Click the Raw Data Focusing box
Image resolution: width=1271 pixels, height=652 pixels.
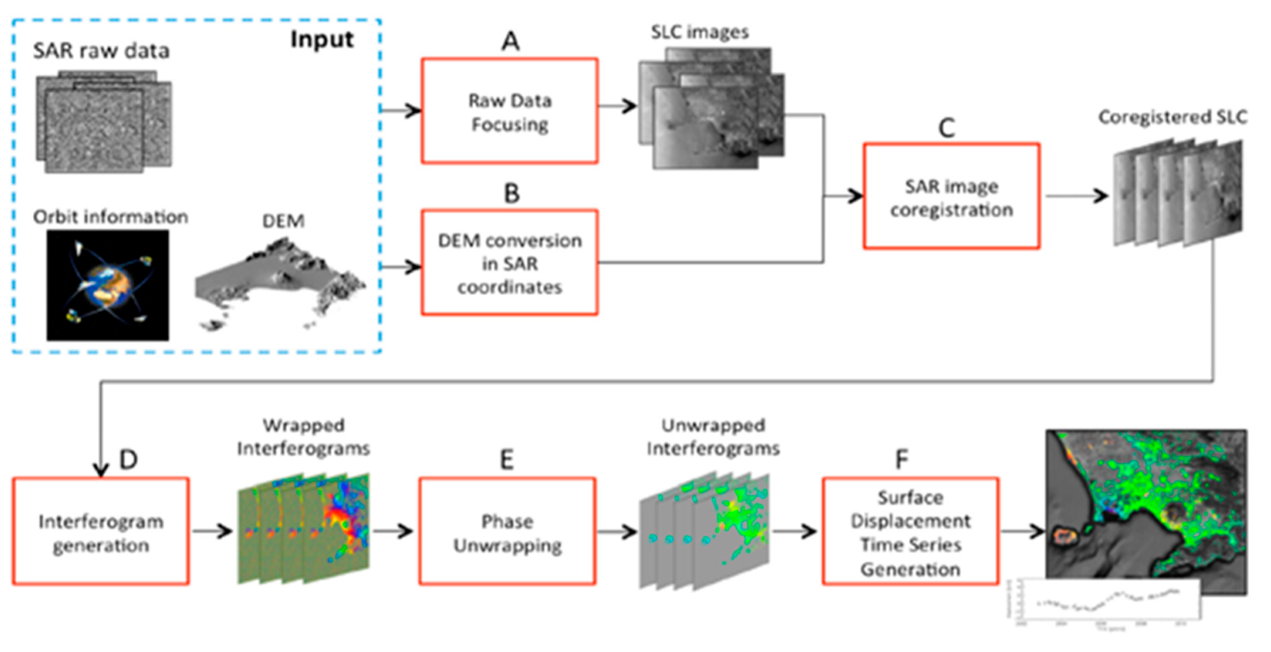(x=509, y=111)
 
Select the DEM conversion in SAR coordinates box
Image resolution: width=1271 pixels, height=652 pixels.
(x=509, y=264)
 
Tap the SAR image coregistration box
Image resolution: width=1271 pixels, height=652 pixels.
(x=951, y=196)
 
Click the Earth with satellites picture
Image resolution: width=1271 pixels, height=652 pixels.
(x=107, y=285)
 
